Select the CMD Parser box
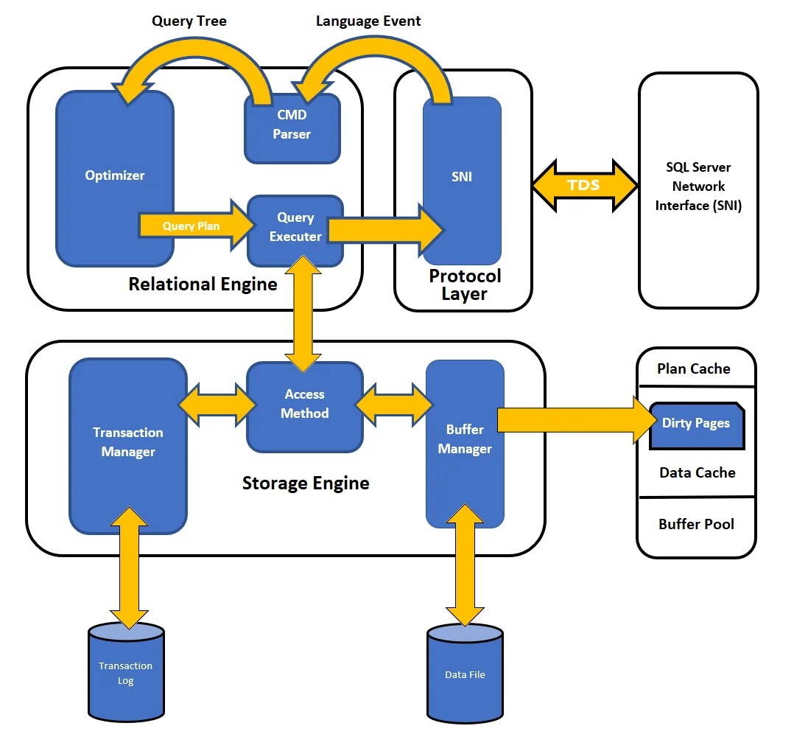click(292, 125)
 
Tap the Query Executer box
click(295, 228)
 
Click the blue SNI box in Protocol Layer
click(462, 177)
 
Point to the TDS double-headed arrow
click(584, 184)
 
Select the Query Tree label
click(189, 21)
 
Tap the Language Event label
click(368, 21)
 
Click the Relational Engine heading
click(203, 284)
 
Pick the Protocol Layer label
click(465, 284)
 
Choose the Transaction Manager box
click(128, 442)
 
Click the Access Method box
click(305, 405)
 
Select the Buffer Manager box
click(465, 439)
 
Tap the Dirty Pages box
click(696, 424)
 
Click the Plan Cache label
click(694, 368)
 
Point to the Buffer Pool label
click(696, 525)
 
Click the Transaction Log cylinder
click(126, 673)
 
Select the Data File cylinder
click(465, 674)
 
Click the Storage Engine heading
click(306, 483)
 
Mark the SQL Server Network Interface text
click(698, 186)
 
